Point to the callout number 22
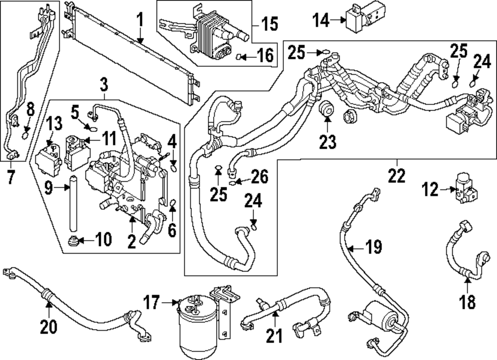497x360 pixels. (x=398, y=175)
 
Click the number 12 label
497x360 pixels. (x=430, y=189)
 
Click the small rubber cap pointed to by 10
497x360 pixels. (x=73, y=242)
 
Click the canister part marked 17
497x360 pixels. (x=196, y=321)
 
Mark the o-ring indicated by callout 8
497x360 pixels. (x=27, y=132)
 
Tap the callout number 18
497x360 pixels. (x=467, y=301)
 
